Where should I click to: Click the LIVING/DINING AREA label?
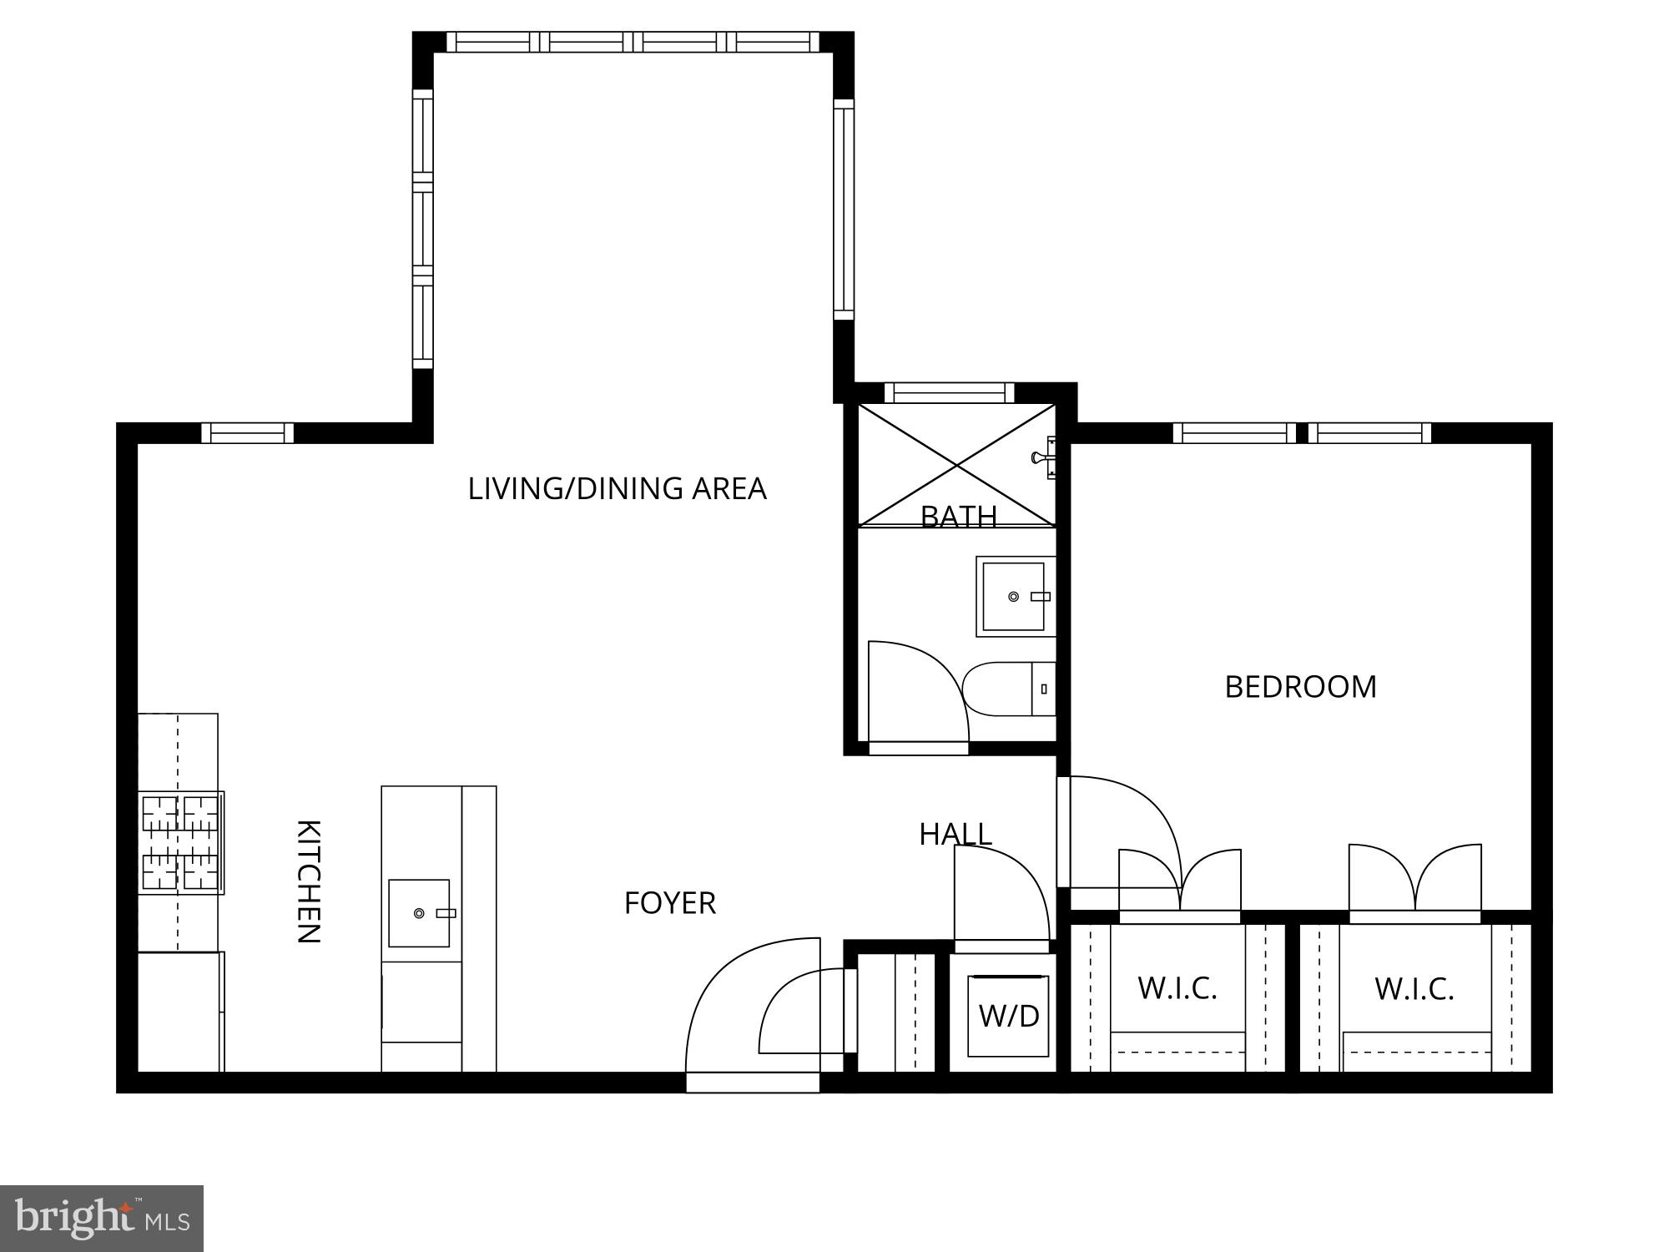pyautogui.click(x=617, y=488)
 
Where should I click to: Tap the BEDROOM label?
pyautogui.click(x=1300, y=687)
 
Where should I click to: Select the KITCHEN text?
pyautogui.click(x=308, y=881)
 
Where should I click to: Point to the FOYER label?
pyautogui.click(x=670, y=903)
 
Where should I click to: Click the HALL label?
pyautogui.click(x=956, y=834)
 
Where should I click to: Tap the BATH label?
pyautogui.click(x=959, y=517)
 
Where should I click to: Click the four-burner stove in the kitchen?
pyautogui.click(x=181, y=842)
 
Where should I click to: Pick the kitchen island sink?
pyautogui.click(x=419, y=913)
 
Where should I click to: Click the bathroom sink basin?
pyautogui.click(x=1013, y=597)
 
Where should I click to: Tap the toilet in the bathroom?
pyautogui.click(x=1006, y=689)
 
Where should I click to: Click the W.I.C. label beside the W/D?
pyautogui.click(x=1177, y=988)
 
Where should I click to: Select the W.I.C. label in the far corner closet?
pyautogui.click(x=1414, y=989)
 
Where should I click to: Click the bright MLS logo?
pyautogui.click(x=102, y=1219)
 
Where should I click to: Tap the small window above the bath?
pyautogui.click(x=949, y=392)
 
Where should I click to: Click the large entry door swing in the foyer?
pyautogui.click(x=734, y=1002)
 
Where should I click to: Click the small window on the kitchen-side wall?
pyautogui.click(x=248, y=432)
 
